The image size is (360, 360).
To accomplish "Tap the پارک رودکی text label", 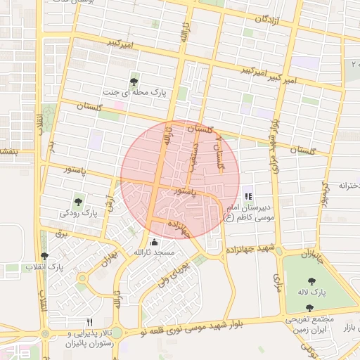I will pos(78,212).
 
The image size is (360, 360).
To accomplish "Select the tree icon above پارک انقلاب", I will pos(45,256).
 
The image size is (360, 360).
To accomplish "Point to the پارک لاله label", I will pos(311,292).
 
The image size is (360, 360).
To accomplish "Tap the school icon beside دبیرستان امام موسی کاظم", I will pos(247,196).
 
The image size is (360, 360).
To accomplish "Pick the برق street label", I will pos(60,234).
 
